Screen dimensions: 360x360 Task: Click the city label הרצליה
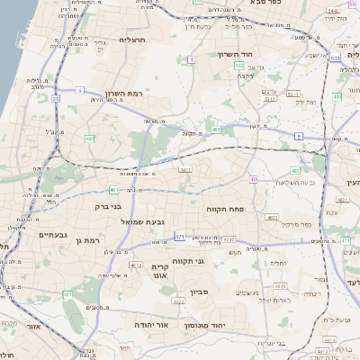pyautogui.click(x=132, y=40)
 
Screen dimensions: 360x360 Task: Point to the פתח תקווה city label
pyautogui.click(x=238, y=209)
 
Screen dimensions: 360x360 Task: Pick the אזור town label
pyautogui.click(x=34, y=327)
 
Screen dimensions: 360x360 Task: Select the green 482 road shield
pyautogui.click(x=89, y=139)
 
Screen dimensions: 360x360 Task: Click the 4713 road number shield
pyautogui.click(x=229, y=238)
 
